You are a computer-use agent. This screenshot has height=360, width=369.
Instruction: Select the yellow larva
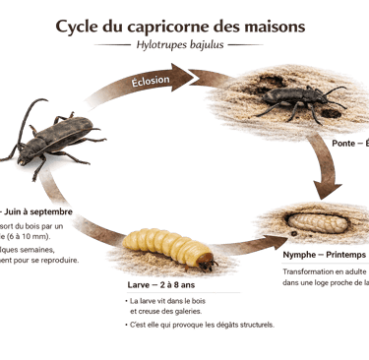click(168, 248)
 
